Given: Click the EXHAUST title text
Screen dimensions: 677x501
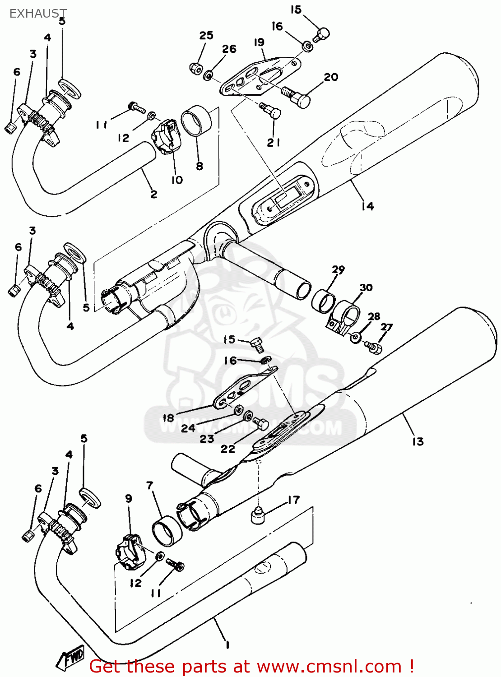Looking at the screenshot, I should point(38,14).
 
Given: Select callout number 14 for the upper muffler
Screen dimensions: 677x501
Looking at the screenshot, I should point(367,206).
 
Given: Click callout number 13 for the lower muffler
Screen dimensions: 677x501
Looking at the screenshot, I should point(417,441).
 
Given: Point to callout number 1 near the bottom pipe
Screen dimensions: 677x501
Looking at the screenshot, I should point(227,645).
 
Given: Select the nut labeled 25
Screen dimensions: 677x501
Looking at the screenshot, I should point(195,68).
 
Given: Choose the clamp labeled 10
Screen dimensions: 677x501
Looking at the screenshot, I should point(166,135).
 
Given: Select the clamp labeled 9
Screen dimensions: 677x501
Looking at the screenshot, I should point(128,551).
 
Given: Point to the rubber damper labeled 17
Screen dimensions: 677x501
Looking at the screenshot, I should point(257,515).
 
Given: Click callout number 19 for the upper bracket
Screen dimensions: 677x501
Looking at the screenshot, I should point(259,42).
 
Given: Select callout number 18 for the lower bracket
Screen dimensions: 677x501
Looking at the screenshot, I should point(168,418).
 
